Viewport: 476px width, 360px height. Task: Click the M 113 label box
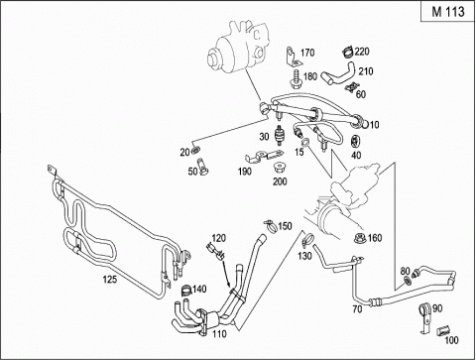click(x=448, y=11)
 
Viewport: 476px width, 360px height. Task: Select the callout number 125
click(x=110, y=280)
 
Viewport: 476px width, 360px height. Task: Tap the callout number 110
click(x=219, y=334)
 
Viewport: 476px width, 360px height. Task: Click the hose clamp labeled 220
click(x=347, y=52)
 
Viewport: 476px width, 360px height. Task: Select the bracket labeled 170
click(x=292, y=56)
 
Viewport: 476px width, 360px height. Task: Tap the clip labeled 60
click(x=351, y=87)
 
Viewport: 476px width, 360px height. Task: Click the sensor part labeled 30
click(x=281, y=135)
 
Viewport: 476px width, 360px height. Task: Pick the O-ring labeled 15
click(x=305, y=142)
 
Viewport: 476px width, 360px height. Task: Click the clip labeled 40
click(x=356, y=141)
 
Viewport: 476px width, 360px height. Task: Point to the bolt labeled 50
click(x=202, y=167)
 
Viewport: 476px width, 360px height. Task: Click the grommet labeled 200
click(x=280, y=167)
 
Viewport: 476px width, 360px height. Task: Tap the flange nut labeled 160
click(x=360, y=238)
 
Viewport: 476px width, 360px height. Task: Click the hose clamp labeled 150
click(x=271, y=226)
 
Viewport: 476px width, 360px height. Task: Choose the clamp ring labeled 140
click(x=186, y=291)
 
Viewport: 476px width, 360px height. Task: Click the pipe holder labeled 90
click(x=425, y=317)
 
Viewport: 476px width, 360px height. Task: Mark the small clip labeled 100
click(x=442, y=331)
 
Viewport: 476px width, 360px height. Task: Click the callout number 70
click(x=357, y=309)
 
